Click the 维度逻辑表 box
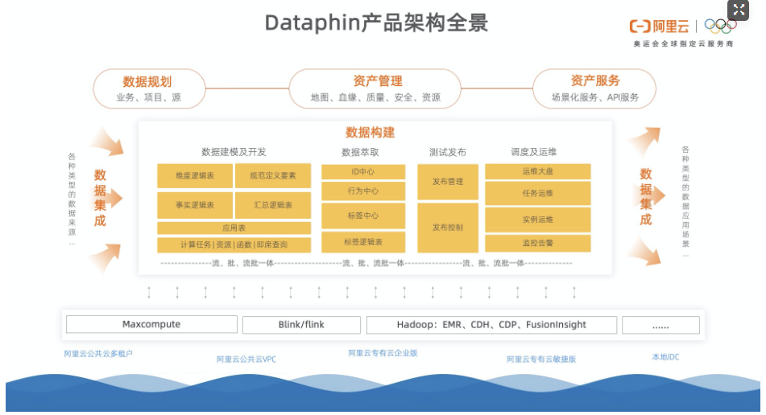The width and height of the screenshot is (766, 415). (194, 175)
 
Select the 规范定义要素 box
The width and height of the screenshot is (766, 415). (272, 175)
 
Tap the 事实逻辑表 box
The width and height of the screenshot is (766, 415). (194, 205)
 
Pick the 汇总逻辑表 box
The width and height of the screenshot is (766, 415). (272, 205)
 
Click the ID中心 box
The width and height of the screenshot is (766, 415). (362, 172)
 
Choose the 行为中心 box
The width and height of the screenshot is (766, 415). (362, 191)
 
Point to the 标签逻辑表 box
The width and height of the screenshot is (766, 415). (362, 242)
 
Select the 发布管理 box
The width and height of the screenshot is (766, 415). (448, 182)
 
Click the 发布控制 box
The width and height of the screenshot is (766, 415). (448, 228)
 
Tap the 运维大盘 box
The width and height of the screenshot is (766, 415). (537, 171)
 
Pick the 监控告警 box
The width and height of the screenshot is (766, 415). (537, 243)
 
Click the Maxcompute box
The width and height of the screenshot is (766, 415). (151, 325)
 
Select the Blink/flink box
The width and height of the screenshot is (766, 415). (301, 325)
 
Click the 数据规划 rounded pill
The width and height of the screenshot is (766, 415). (148, 88)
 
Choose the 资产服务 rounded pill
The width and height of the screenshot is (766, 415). (594, 88)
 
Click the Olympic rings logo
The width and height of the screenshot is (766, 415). (719, 26)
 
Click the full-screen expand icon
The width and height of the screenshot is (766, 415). (739, 10)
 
